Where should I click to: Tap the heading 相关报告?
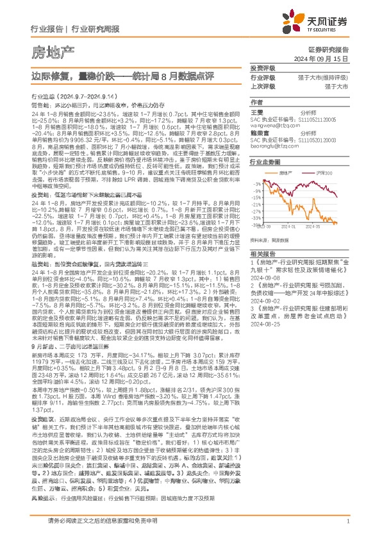point(263,253)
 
